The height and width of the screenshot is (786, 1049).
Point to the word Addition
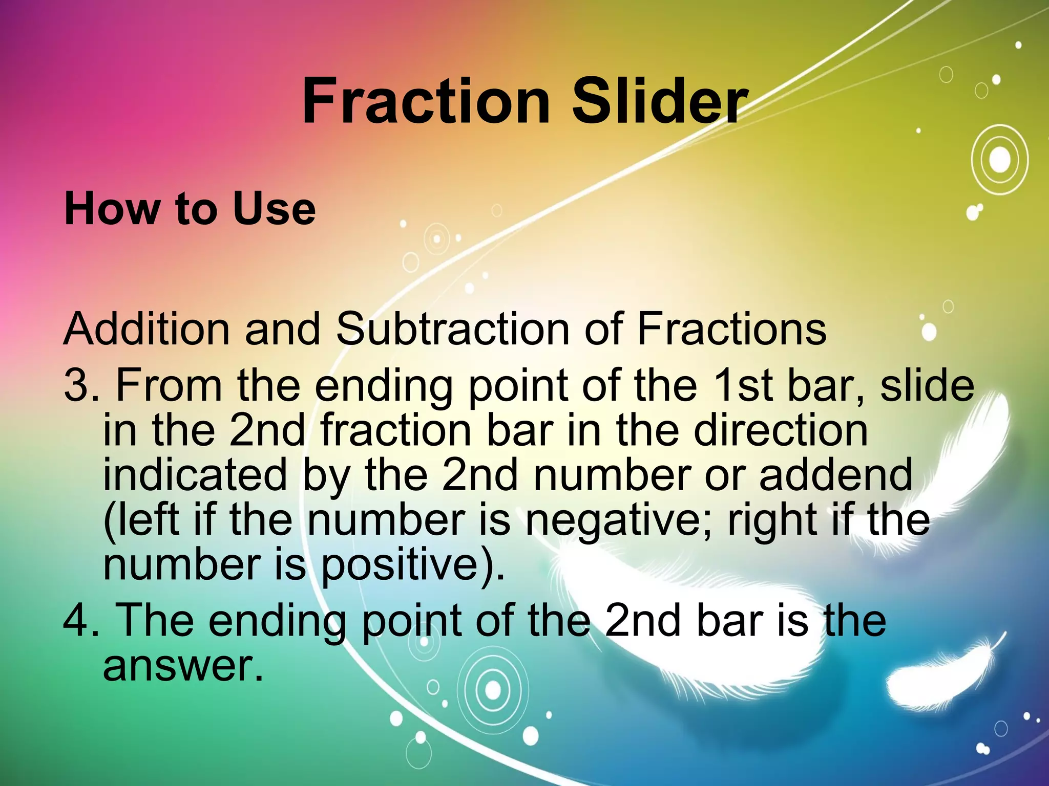146,329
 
